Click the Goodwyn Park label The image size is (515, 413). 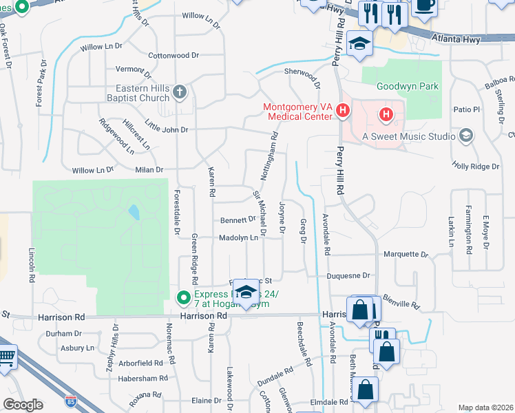pos(408,87)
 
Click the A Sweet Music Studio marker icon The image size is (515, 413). pos(467,136)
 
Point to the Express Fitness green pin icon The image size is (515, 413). pos(183,298)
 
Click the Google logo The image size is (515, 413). pos(23,405)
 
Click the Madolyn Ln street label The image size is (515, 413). pos(238,237)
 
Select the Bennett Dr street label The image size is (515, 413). pos(238,220)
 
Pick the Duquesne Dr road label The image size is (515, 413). pos(348,275)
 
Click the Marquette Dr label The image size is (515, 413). pos(406,254)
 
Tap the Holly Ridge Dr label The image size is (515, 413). pos(475,166)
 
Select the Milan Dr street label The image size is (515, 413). pos(149,169)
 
